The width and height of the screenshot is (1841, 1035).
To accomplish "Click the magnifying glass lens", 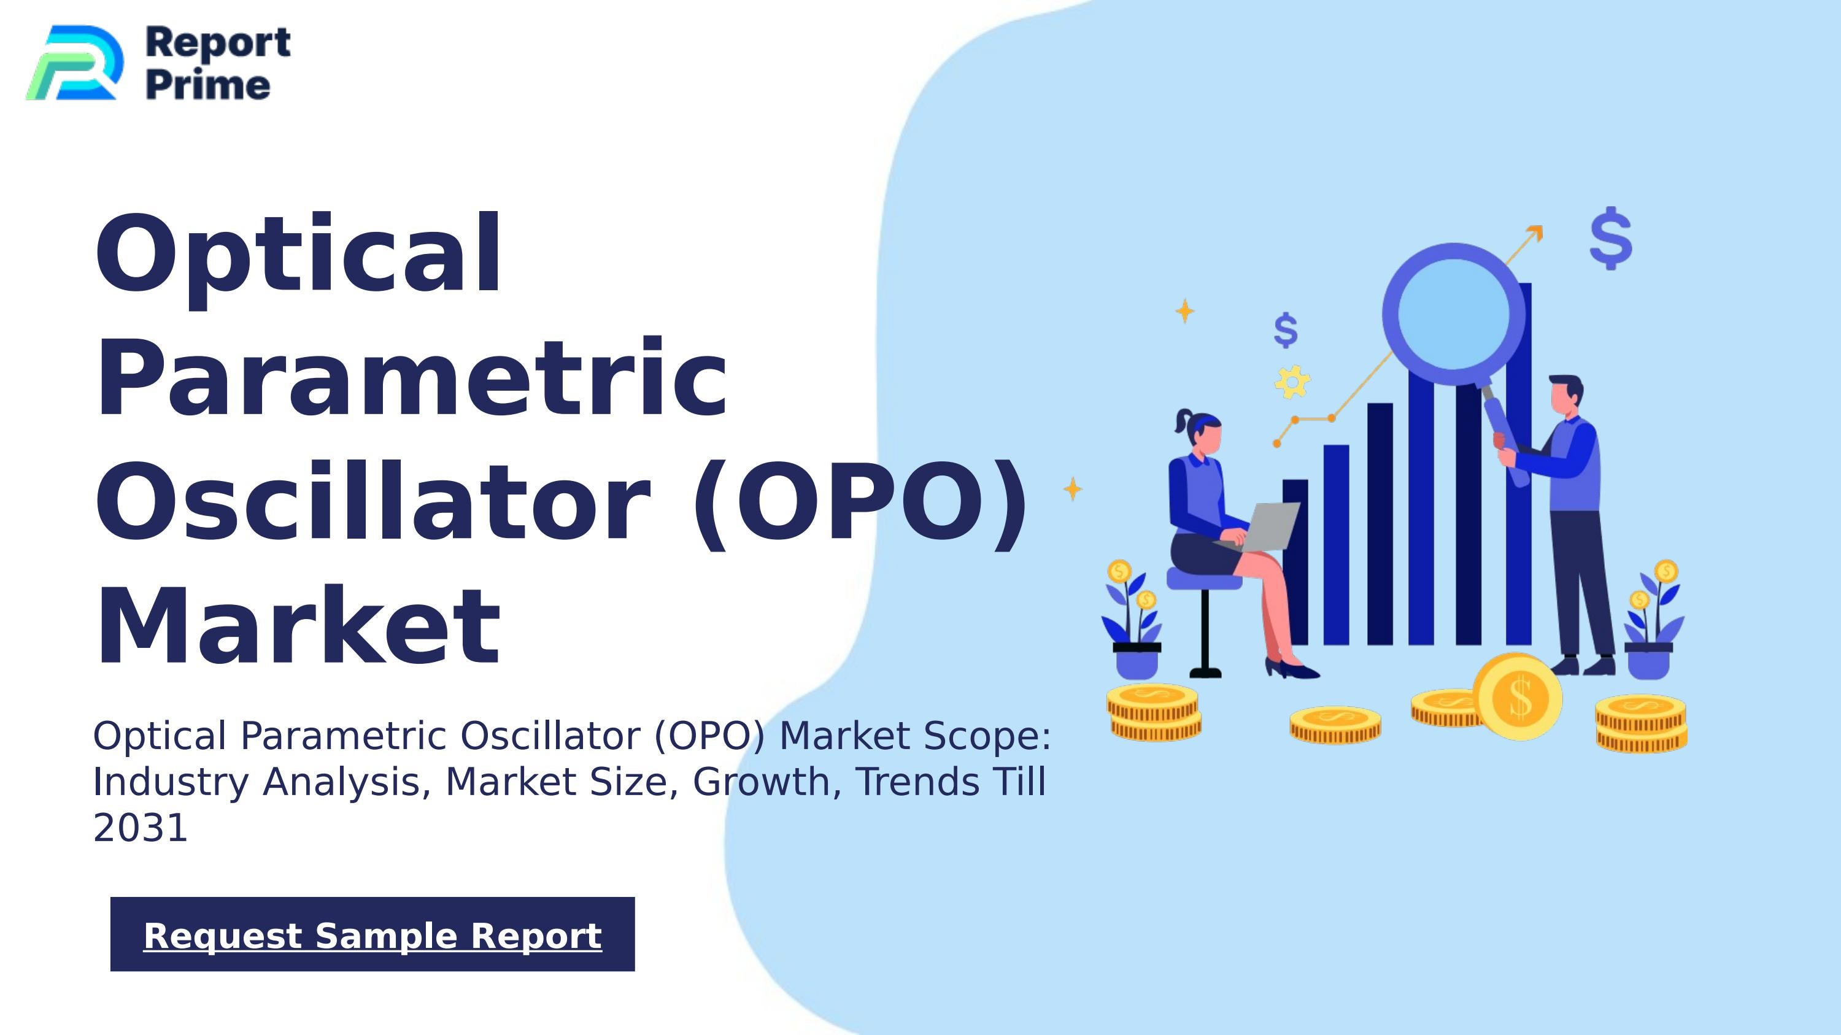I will pos(1453,314).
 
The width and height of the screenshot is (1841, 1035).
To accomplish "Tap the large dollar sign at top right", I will pos(1611,239).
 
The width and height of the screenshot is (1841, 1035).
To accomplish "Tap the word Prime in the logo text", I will pos(208,86).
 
